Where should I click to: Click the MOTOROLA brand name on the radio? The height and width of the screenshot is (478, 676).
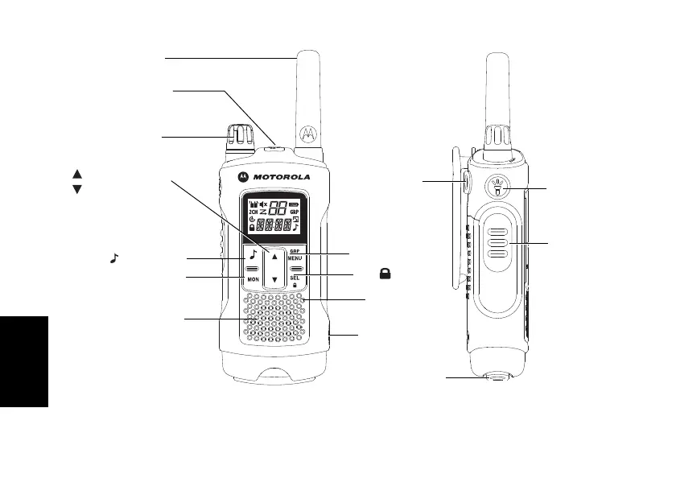click(x=279, y=175)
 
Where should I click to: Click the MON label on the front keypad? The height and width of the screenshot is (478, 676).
click(x=253, y=280)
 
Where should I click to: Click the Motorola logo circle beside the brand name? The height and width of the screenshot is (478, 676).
click(x=241, y=175)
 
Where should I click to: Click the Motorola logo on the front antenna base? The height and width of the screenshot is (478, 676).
click(x=306, y=131)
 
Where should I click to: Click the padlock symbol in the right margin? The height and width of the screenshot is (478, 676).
click(x=386, y=274)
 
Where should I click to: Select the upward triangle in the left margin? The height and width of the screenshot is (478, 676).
click(x=77, y=173)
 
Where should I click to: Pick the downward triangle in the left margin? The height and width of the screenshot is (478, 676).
click(x=77, y=189)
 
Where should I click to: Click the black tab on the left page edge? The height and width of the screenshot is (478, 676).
click(x=24, y=361)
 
